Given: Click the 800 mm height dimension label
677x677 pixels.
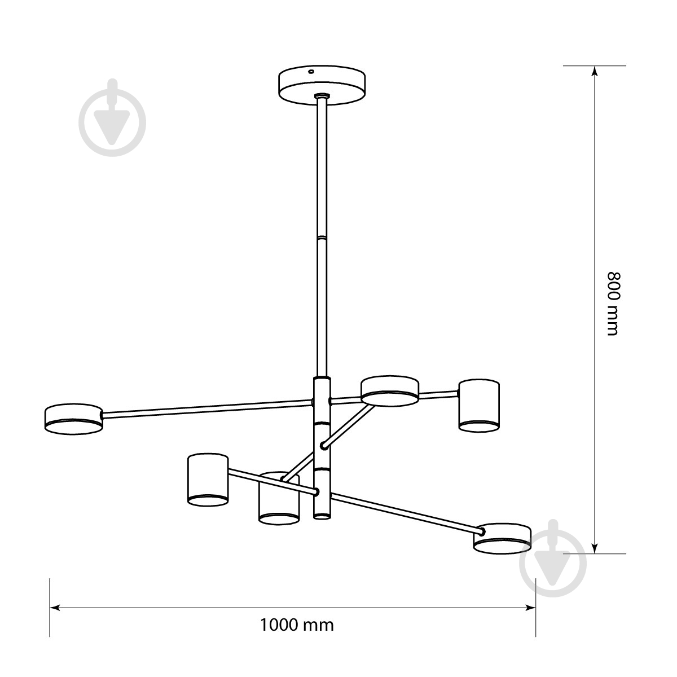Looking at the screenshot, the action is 614,304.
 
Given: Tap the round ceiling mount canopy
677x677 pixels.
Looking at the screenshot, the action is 322,85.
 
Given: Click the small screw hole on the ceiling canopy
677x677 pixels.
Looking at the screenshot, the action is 311,72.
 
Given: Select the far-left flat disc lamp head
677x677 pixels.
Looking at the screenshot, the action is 74,419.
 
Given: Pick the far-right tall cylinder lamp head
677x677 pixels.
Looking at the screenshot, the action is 479,406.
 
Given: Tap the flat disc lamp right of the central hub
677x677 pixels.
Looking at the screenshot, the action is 390,391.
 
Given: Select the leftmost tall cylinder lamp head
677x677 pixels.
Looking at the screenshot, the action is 208,480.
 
